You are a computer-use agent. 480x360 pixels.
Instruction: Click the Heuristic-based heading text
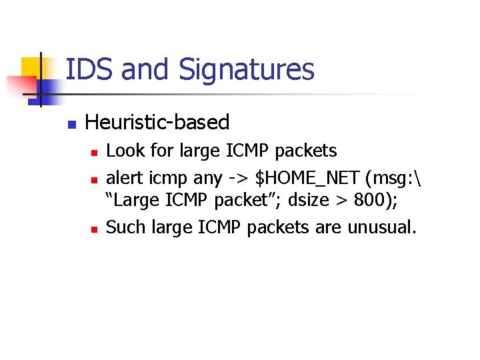click(x=157, y=123)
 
